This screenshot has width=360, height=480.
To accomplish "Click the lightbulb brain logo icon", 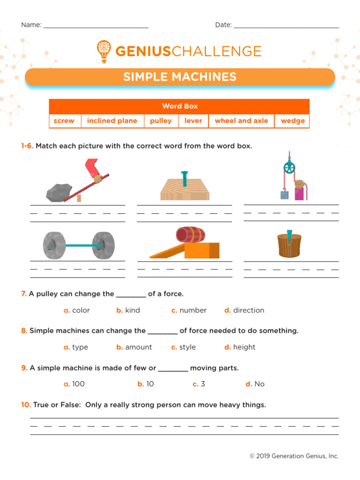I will point(105,51).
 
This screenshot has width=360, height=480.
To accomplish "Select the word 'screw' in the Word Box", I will point(64,121).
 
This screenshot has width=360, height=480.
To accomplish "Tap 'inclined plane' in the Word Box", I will point(112,121).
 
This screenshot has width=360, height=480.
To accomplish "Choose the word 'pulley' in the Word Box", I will point(161,121).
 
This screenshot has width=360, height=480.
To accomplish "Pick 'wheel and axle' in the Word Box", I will point(241,121).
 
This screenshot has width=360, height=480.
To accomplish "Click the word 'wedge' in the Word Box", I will point(292,121).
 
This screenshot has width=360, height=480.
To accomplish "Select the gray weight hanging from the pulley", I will point(285,194).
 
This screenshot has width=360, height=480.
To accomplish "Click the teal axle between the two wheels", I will point(80,245).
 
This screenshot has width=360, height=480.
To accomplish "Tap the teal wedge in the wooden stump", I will point(289,236).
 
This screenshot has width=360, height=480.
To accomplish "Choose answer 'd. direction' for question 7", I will point(244,310).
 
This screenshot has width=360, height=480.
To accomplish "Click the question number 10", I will point(26,405).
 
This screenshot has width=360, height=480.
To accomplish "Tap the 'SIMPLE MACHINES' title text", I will point(180,77).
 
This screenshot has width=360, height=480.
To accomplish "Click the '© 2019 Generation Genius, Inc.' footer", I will point(294,456).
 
